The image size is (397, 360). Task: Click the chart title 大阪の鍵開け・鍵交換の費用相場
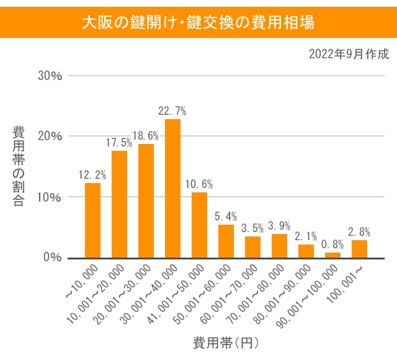[198, 22]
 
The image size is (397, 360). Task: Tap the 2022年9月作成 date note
[349, 54]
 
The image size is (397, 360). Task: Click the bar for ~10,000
[92, 220]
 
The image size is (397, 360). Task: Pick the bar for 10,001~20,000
[119, 204]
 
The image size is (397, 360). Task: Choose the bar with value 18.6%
[146, 200]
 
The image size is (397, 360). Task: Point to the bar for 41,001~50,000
[199, 225]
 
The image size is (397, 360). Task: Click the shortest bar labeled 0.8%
[333, 254]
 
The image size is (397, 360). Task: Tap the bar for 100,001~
[360, 249]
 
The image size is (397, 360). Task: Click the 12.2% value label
[92, 175]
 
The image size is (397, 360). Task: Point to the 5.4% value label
[226, 217]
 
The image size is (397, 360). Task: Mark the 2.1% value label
[306, 236]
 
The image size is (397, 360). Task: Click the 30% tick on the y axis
[50, 76]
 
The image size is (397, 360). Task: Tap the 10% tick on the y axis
[50, 197]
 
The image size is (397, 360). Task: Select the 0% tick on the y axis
[53, 258]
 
